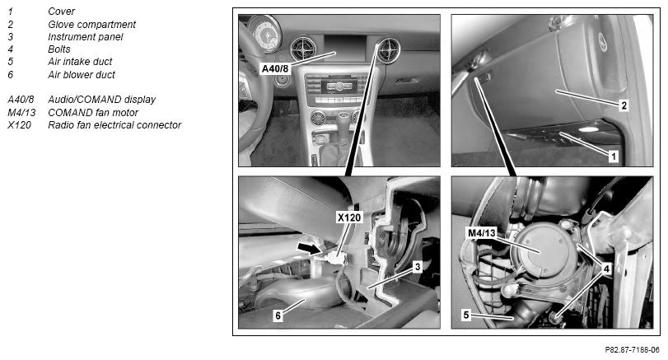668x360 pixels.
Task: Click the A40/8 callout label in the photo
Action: tap(275, 68)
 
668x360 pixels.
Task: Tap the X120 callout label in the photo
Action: tap(349, 217)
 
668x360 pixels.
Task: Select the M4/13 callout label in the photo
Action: tap(482, 233)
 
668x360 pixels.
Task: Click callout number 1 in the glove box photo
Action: tap(614, 157)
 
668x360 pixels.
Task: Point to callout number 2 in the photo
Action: tap(624, 105)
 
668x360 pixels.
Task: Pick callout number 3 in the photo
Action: tap(418, 267)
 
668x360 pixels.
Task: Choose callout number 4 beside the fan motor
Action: tap(606, 269)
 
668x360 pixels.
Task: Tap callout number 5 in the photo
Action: tap(466, 315)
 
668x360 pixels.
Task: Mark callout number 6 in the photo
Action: tap(278, 316)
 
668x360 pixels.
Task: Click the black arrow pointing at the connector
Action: tap(310, 249)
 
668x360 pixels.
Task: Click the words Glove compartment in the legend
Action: tap(91, 25)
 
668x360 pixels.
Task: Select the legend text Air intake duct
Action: tap(80, 62)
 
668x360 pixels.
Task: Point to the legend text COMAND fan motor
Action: tap(93, 113)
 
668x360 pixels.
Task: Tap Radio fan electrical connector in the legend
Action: tap(114, 125)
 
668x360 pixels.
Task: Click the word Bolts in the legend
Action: tap(58, 49)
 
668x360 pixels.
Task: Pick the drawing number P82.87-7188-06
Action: tap(633, 350)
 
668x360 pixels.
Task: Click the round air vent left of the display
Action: tap(303, 49)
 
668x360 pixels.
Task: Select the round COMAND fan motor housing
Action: tap(544, 250)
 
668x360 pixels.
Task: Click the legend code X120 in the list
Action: tap(19, 125)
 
